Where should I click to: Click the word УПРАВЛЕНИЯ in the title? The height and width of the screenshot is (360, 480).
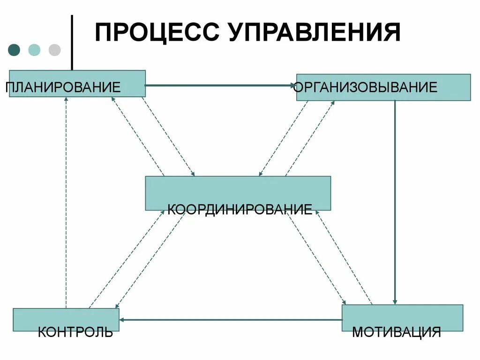(x=315, y=32)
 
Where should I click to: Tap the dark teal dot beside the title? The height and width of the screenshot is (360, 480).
(x=15, y=50)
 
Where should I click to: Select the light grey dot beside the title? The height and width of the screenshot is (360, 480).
(x=55, y=50)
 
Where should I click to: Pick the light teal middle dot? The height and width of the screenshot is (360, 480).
(x=34, y=50)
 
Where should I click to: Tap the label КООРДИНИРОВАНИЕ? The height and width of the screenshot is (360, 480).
(x=240, y=209)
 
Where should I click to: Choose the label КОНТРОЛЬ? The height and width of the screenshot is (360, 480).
(x=75, y=332)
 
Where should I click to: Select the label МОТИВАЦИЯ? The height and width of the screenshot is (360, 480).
(x=397, y=332)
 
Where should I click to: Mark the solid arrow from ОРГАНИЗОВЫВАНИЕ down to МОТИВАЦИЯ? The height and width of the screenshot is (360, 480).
(x=395, y=202)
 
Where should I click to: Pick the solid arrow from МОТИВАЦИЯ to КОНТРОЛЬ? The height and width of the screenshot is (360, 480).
(x=230, y=320)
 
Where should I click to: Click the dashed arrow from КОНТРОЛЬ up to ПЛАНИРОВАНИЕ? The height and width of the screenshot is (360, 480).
(x=66, y=202)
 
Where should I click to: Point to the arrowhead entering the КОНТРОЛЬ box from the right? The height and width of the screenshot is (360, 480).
(x=122, y=320)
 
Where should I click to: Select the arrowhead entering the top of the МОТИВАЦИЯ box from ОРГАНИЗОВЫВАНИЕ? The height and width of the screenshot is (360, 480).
(x=395, y=301)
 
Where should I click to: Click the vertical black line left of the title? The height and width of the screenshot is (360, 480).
(x=72, y=42)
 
